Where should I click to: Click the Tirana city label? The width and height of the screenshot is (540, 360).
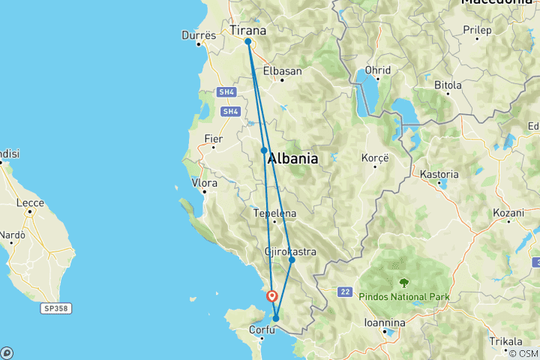[248, 31]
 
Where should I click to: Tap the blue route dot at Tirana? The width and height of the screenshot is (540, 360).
[247, 42]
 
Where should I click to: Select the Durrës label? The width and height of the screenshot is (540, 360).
[199, 35]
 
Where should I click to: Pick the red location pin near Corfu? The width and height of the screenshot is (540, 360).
[272, 296]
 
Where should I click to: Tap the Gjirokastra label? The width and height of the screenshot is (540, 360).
[290, 251]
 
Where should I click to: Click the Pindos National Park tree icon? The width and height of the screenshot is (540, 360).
[404, 283]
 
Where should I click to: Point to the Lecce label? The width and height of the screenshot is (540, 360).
[30, 202]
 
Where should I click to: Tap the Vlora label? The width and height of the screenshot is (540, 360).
[205, 182]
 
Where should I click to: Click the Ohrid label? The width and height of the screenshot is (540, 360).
[377, 70]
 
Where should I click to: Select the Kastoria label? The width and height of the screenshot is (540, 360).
[439, 174]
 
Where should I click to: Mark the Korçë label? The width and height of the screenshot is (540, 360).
[375, 159]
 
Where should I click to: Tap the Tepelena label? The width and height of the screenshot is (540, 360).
[274, 213]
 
